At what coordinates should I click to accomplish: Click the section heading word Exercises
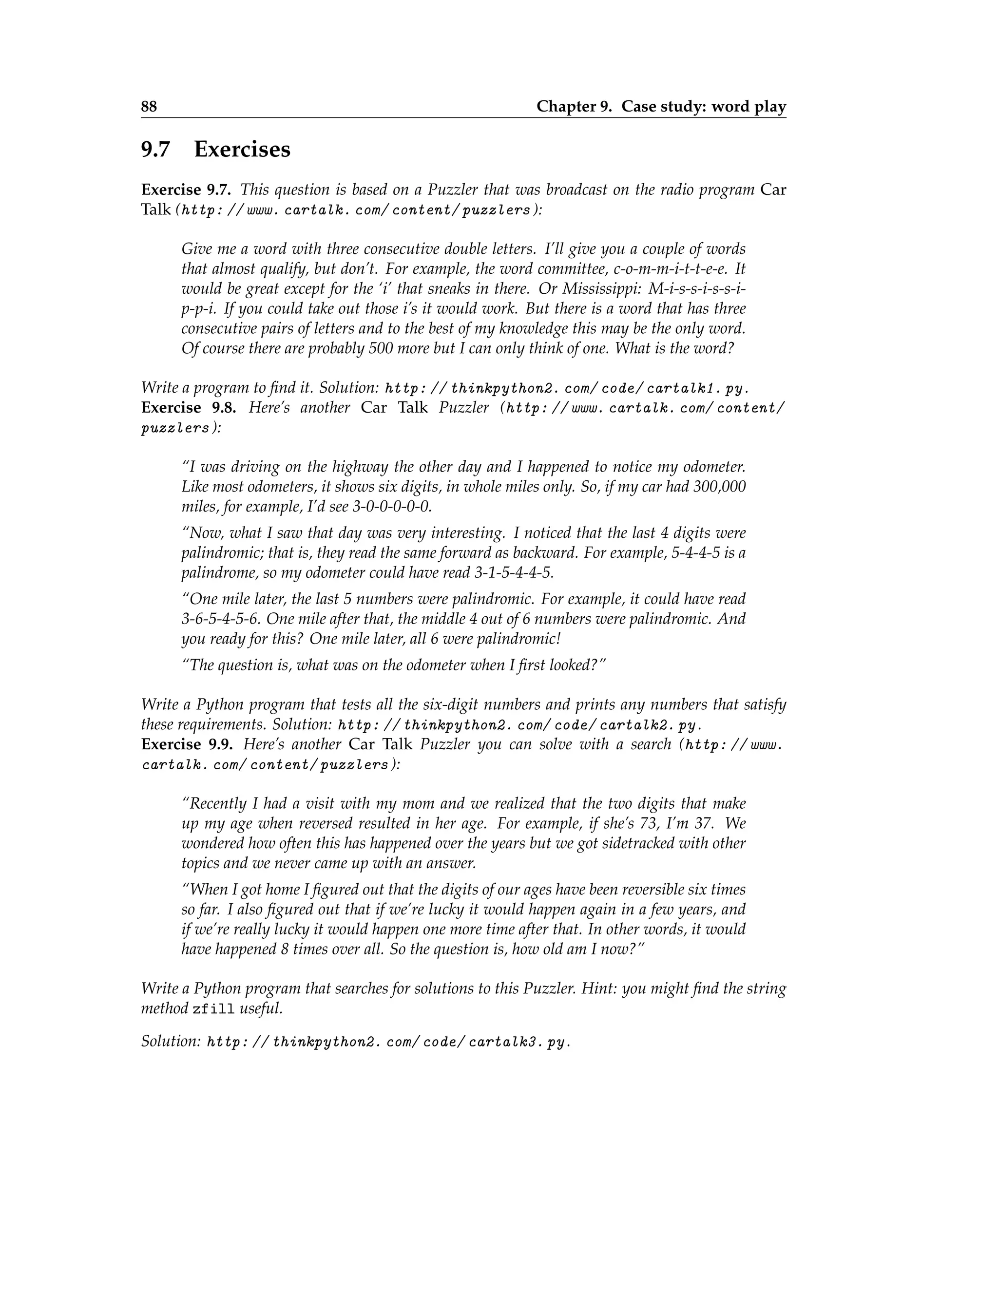[x=242, y=150]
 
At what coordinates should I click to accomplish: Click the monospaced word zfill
[x=213, y=1009]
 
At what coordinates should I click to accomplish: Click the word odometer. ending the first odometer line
[x=714, y=467]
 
